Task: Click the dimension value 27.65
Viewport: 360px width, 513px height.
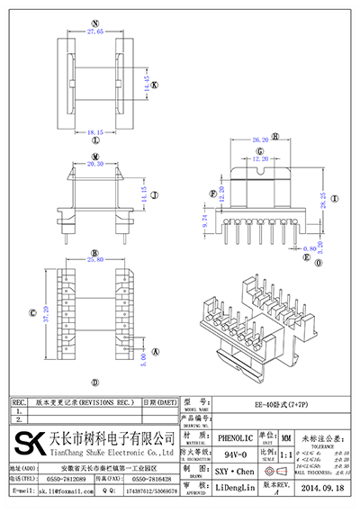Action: click(95, 31)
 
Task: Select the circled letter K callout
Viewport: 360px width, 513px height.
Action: click(154, 85)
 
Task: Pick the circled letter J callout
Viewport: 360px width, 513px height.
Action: click(154, 193)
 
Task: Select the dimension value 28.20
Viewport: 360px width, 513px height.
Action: click(260, 140)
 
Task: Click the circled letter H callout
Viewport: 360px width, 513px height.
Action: click(276, 134)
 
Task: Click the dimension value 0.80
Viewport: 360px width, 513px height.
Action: click(310, 246)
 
